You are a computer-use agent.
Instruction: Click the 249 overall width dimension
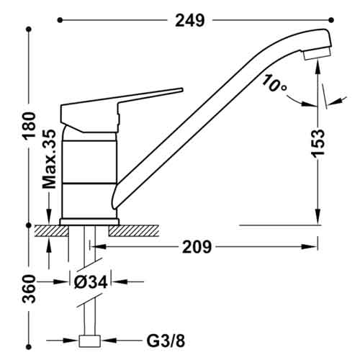coord(190,20)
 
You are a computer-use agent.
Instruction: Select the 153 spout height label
coord(319,143)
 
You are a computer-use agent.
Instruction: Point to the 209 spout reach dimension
coord(197,247)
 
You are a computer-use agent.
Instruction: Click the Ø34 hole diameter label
coord(91,282)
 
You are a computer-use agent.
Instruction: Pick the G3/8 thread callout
coord(166,341)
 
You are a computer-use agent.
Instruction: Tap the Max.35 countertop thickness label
coord(49,159)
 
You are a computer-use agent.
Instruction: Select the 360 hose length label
coord(29,289)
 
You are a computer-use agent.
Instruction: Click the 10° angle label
coord(274,84)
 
